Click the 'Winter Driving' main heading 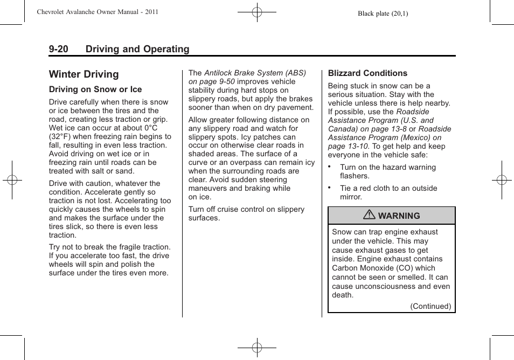(84, 74)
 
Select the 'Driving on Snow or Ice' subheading (95, 89)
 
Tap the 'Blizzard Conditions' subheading (367, 73)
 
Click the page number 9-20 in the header (59, 49)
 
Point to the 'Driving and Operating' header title (137, 49)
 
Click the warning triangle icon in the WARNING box (369, 216)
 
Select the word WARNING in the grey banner (399, 216)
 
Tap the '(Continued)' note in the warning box (430, 306)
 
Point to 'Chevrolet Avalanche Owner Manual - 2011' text (98, 11)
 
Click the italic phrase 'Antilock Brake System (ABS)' (255, 73)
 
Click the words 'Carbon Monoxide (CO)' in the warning (376, 268)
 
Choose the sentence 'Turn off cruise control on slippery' (246, 209)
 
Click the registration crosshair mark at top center (257, 11)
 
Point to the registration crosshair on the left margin (12, 180)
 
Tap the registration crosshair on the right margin (501, 180)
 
